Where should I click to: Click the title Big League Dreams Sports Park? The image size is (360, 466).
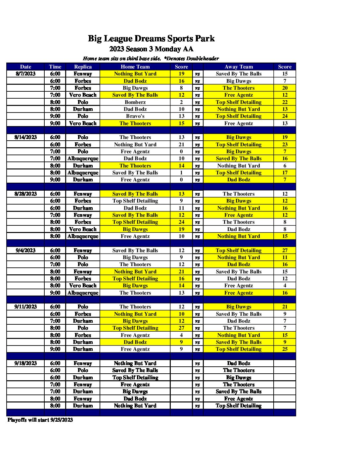pos(151,39)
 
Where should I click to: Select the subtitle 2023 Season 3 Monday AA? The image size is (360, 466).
pos(151,49)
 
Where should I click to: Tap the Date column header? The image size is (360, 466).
pos(25,67)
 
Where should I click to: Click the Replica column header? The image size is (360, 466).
pos(83,67)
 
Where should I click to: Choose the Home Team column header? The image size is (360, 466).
pos(135,67)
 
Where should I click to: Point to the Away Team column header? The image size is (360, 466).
pos(239,67)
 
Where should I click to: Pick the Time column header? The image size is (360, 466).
pos(55,67)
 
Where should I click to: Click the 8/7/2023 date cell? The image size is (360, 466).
pos(25,74)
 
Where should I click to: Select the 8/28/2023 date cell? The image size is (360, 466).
pos(25,194)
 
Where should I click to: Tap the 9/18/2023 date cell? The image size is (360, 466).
pos(25,363)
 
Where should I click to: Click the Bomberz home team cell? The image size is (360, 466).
pos(135,102)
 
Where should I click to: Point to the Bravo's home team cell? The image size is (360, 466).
pos(135,116)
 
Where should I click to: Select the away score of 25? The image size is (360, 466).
pos(285,349)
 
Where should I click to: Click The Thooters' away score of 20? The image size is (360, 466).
pos(285,88)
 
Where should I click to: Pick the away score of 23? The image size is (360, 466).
pos(285,145)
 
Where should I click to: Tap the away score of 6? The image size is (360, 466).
pos(285,166)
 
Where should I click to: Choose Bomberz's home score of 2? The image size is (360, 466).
pos(181,102)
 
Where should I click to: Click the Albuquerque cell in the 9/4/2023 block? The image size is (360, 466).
pos(83,293)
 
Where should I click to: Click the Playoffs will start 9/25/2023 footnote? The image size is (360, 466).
pos(40,420)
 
